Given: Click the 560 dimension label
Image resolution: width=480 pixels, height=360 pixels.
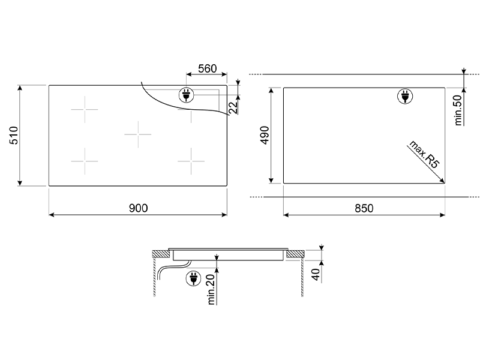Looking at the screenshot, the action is [207, 68].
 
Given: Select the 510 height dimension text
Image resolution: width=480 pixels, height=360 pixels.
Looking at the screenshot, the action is [14, 135].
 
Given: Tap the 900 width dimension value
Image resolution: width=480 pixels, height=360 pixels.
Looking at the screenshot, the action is [139, 208].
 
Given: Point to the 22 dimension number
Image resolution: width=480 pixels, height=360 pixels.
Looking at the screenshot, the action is [233, 107].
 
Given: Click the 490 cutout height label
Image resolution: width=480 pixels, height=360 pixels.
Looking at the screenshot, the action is [265, 135].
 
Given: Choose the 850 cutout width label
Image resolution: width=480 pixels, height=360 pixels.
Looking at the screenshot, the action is [364, 208].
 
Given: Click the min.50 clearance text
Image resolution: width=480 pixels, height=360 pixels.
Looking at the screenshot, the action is [458, 110].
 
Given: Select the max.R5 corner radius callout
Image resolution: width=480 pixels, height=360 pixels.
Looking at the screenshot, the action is [424, 154].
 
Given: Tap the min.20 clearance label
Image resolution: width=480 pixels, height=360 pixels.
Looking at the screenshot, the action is [211, 289].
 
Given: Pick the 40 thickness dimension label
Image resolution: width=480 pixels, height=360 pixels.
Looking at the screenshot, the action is [316, 274].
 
